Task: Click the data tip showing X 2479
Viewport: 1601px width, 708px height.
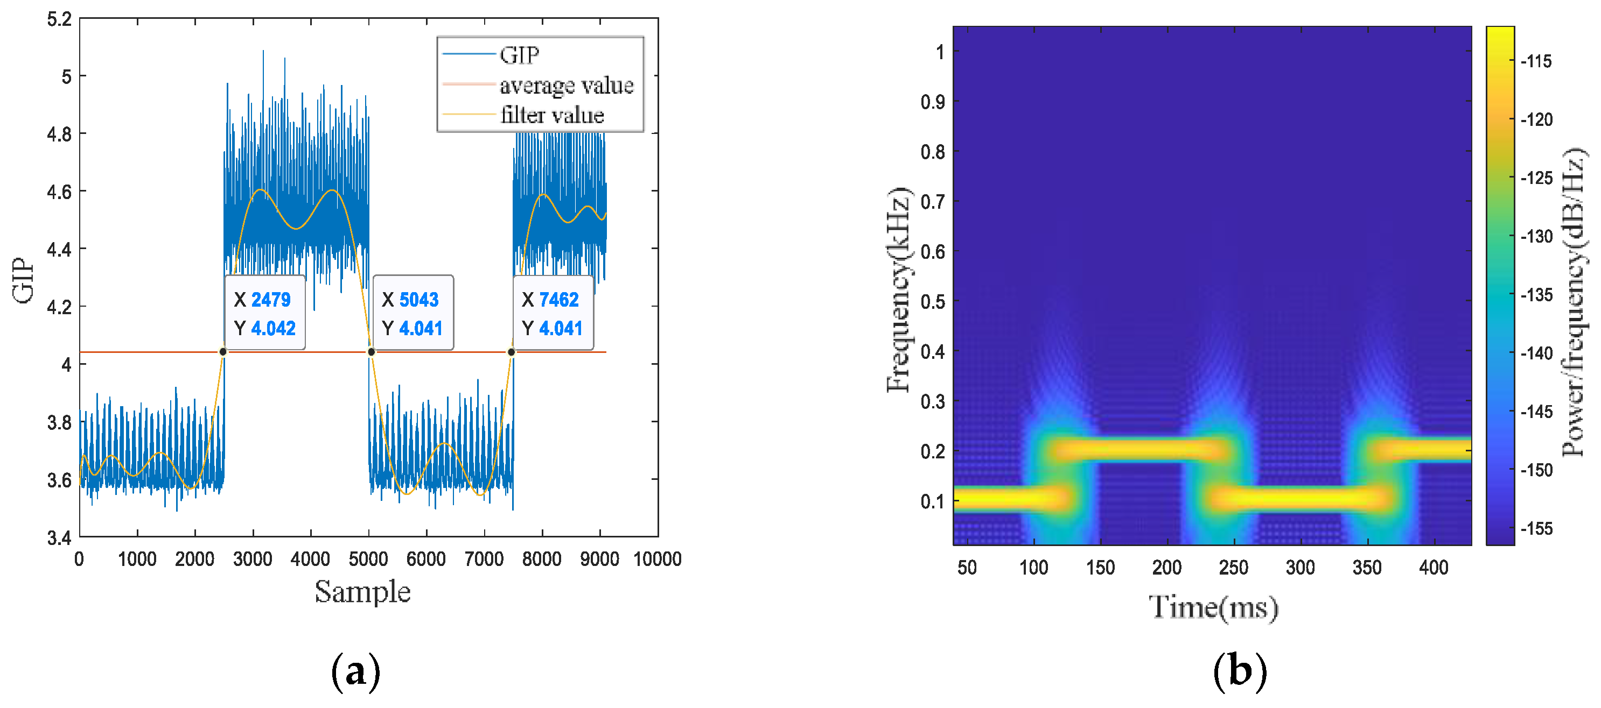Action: click(x=265, y=313)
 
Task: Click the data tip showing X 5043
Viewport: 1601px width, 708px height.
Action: click(x=413, y=313)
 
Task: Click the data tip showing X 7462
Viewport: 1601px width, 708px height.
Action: click(x=553, y=313)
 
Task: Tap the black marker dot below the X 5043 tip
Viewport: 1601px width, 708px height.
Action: click(x=371, y=352)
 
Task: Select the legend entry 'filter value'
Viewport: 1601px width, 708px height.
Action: click(x=552, y=115)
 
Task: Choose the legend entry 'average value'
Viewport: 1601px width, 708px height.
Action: click(x=566, y=85)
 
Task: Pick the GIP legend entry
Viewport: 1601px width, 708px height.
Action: click(x=519, y=55)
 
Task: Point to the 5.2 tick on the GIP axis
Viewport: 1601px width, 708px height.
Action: click(x=60, y=19)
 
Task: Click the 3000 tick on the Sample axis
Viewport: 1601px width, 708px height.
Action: click(x=253, y=559)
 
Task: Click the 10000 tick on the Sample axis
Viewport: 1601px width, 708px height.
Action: click(x=657, y=559)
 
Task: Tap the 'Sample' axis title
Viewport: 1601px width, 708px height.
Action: click(x=362, y=591)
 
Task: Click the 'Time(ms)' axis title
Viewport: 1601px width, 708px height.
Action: click(x=1213, y=607)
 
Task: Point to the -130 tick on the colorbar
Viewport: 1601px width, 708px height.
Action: click(x=1536, y=237)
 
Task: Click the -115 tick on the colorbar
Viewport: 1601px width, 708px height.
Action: click(x=1536, y=61)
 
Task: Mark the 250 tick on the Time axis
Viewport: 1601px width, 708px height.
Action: click(x=1233, y=567)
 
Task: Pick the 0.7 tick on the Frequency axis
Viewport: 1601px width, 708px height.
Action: click(x=932, y=202)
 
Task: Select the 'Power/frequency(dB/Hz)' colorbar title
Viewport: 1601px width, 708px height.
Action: click(x=1574, y=302)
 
